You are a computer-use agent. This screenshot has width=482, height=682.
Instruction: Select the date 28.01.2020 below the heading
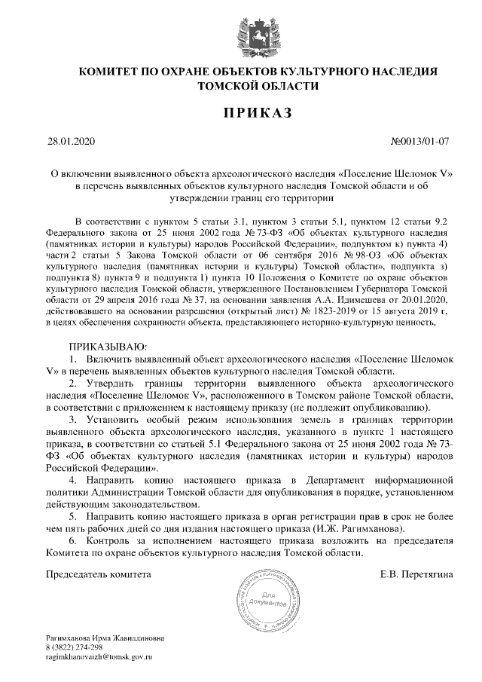coord(68,141)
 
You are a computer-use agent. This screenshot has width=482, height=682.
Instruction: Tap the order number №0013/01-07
coord(421,141)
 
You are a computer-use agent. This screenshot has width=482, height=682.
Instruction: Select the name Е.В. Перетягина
coord(417,574)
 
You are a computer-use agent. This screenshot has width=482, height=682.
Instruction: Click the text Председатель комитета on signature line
coord(99,574)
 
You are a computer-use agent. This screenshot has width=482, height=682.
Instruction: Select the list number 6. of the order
coord(73,541)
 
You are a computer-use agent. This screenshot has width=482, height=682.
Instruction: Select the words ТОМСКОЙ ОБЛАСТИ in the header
coord(248,87)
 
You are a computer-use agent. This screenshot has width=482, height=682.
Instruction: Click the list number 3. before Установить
coord(73,419)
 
